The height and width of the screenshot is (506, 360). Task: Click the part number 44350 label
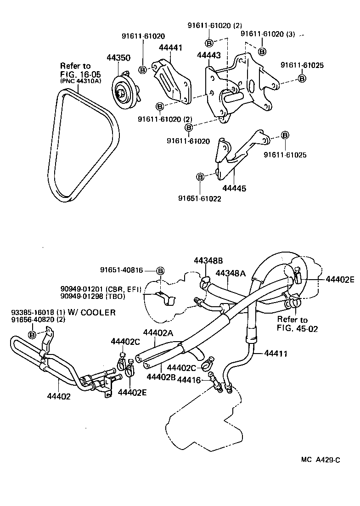118,58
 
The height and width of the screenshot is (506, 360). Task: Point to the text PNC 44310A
80,81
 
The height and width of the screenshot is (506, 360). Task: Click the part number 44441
170,47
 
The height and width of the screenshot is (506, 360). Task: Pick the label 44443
208,55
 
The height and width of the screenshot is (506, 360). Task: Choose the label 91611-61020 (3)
268,34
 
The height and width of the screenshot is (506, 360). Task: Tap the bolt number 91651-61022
200,198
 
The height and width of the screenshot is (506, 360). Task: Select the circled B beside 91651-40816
160,270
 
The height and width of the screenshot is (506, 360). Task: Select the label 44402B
162,377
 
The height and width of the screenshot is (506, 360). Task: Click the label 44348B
208,260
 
